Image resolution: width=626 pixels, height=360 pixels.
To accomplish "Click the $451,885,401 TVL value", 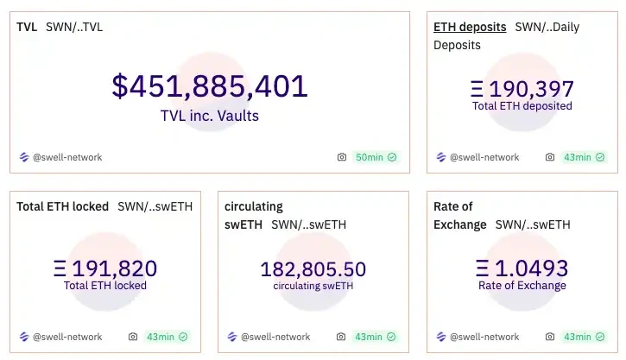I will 209,86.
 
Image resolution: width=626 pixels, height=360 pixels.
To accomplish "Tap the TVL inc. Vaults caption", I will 209,115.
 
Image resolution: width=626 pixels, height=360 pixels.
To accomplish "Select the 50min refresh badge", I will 376,157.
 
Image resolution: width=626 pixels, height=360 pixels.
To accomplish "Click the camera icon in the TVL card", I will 342,157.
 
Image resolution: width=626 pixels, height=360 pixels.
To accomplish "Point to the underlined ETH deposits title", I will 470,27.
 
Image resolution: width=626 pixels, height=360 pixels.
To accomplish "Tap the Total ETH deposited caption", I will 522,106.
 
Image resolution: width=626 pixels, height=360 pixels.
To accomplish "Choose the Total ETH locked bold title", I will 63,206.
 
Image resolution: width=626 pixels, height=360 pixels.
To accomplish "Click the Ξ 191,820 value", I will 105,268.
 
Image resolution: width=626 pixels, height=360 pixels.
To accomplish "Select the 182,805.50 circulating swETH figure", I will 313,268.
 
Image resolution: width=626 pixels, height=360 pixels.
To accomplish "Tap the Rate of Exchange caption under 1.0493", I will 522,286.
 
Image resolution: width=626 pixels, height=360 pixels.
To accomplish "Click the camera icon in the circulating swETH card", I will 341,337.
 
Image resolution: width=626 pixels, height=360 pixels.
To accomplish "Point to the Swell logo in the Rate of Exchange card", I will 440,337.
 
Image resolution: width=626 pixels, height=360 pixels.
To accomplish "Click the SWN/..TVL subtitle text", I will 74,27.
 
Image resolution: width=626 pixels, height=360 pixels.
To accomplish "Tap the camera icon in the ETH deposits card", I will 550,157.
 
